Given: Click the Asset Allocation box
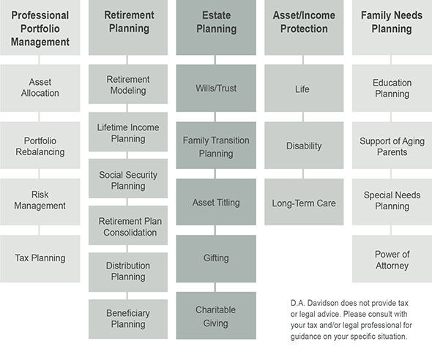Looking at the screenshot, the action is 40,88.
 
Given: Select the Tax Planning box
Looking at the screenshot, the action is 40,258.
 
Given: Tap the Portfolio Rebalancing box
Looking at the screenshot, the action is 40,146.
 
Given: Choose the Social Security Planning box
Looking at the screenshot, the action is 128,179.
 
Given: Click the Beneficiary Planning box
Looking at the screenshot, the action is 128,319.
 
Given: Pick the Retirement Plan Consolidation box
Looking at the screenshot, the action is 128,225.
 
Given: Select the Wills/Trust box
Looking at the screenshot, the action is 216,88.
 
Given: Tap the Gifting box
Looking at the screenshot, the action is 216,258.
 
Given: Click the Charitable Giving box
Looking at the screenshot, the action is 216,315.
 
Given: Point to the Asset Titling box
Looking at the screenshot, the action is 216,202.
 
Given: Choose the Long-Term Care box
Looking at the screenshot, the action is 304,202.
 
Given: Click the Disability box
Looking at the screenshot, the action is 304,146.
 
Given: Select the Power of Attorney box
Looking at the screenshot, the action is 392,258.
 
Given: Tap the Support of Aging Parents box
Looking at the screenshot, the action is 392,146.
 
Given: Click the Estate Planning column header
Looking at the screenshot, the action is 216,27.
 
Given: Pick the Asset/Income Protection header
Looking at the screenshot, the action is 304,27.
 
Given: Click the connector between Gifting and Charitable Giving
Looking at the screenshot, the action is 215,287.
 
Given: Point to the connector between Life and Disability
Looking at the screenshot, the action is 303,116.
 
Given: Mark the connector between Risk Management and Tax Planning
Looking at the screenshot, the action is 39,230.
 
